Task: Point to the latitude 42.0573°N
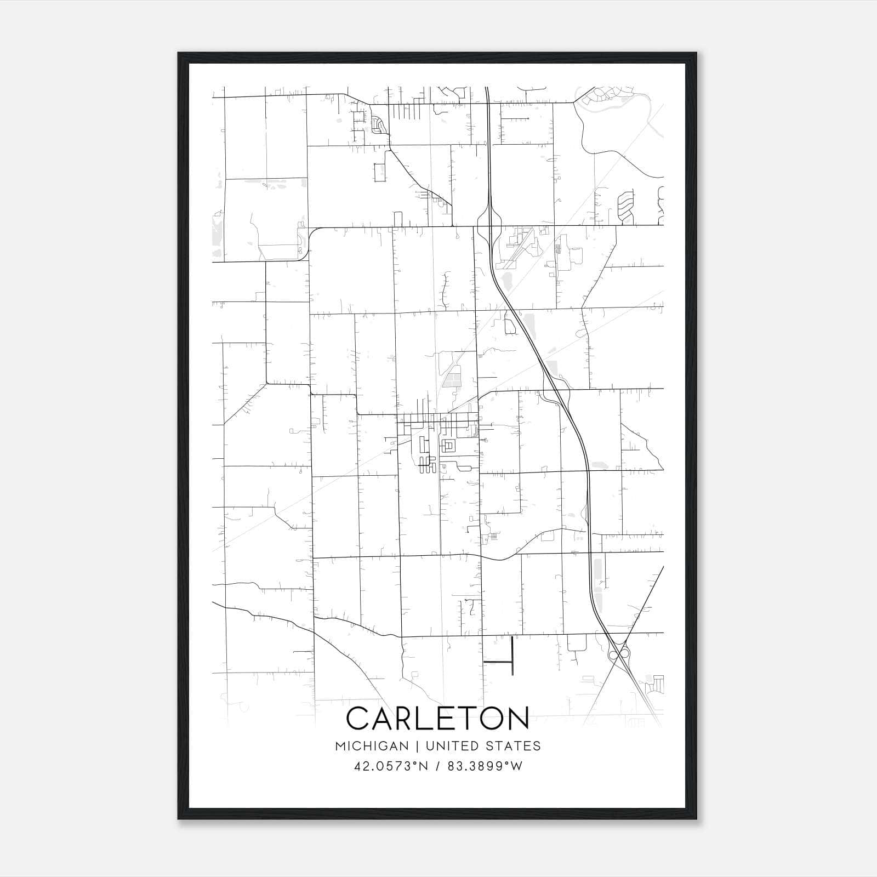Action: [x=390, y=766]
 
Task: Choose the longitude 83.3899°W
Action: [x=485, y=766]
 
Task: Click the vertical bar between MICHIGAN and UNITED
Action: [x=417, y=746]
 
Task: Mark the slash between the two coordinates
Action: [x=438, y=766]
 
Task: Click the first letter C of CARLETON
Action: [x=359, y=718]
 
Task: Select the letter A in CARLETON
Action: [x=385, y=718]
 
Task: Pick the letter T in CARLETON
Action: [x=465, y=718]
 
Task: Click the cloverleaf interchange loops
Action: [x=618, y=653]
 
